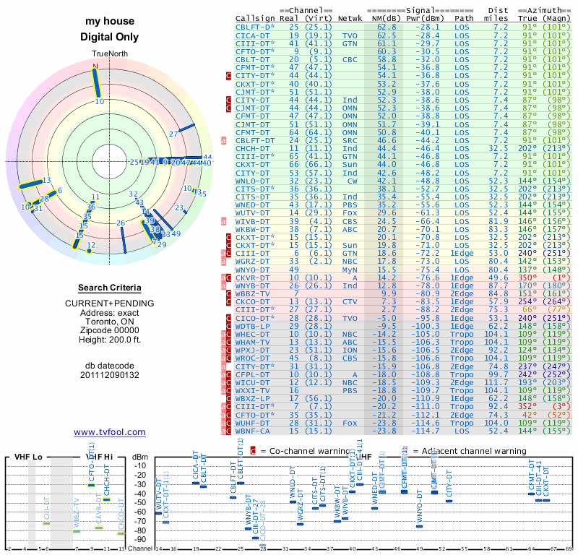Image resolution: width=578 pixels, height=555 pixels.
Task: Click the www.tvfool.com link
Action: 110,432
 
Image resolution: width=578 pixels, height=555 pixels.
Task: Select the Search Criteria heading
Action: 110,288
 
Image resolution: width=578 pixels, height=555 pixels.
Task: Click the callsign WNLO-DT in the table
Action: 254,181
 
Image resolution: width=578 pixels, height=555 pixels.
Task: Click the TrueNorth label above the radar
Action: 109,55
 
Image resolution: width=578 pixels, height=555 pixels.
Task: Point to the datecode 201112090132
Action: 110,375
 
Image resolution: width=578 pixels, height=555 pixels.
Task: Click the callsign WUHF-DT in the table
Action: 254,421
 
